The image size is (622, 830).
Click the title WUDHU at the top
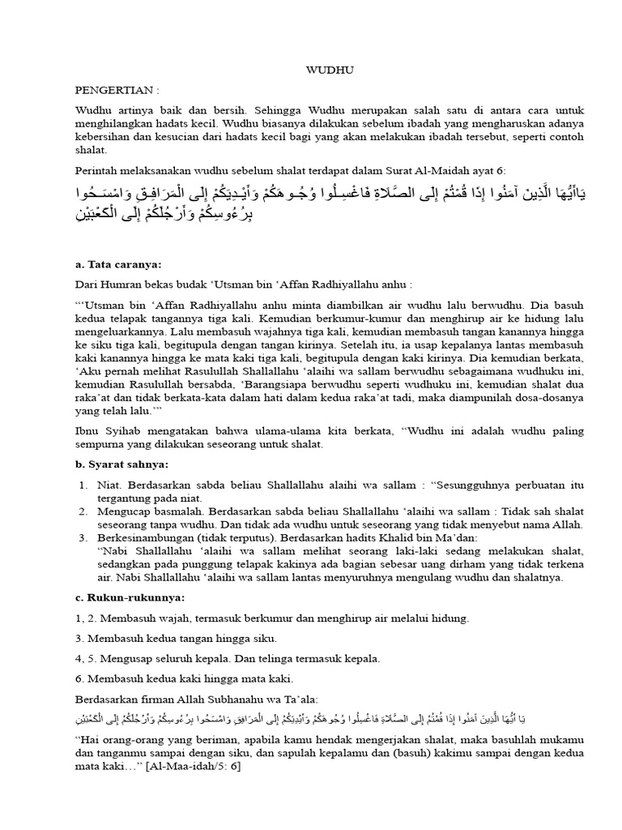click(329, 71)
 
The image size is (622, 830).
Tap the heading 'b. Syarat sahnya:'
click(121, 464)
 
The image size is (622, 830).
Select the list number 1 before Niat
click(83, 485)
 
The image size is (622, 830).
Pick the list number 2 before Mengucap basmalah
click(83, 511)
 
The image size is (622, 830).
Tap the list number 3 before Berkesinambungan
click(83, 537)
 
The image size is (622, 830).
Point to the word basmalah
click(175, 511)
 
